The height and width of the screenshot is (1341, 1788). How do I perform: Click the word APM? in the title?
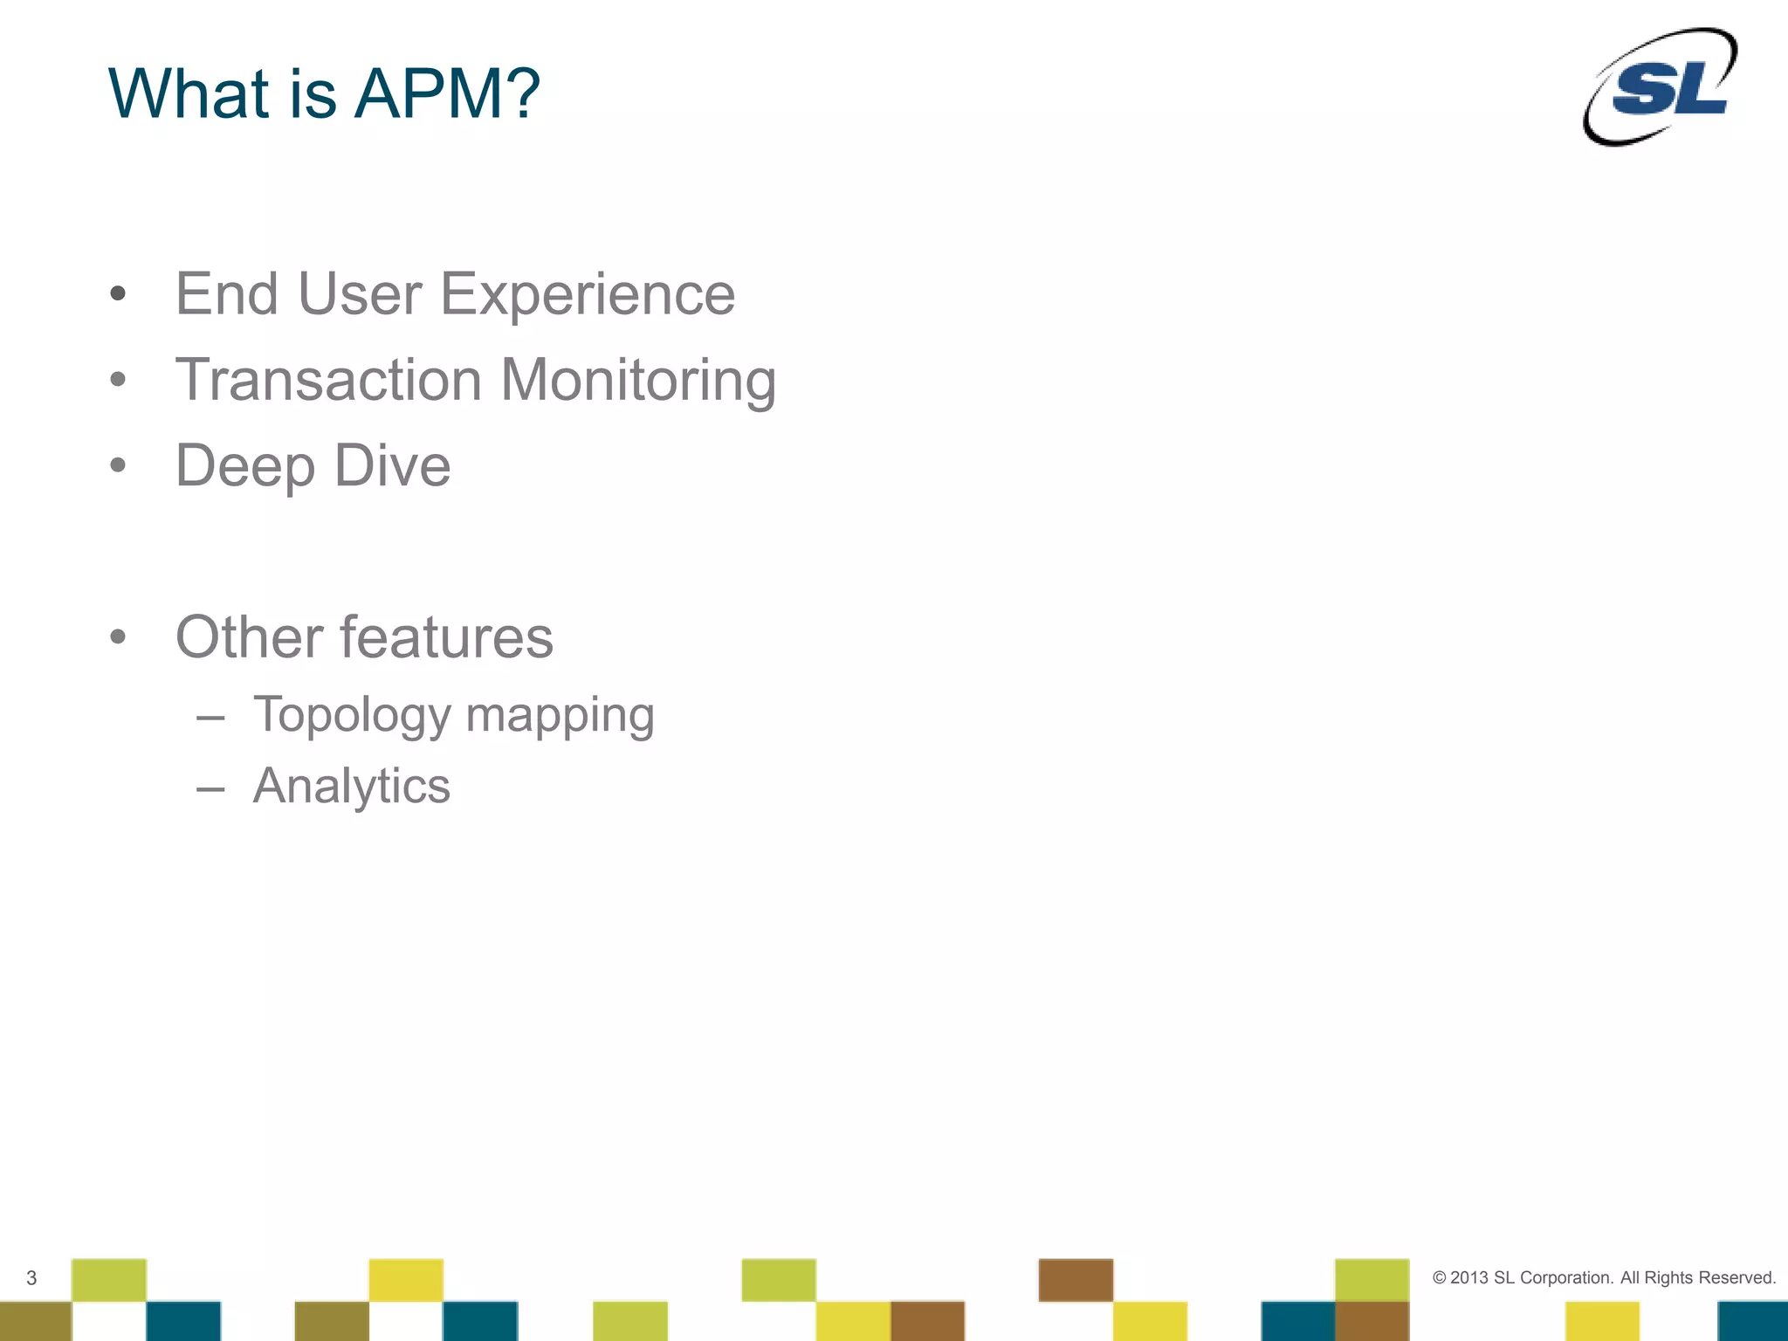tap(448, 93)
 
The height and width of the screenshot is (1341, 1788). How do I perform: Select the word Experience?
tap(588, 295)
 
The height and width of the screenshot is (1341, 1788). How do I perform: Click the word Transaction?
tap(328, 381)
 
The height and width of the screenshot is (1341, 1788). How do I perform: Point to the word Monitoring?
tap(638, 381)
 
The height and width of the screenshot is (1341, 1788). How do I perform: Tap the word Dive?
tap(392, 465)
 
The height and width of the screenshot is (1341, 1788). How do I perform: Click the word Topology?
tap(352, 716)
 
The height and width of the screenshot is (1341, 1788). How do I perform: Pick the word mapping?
tap(560, 716)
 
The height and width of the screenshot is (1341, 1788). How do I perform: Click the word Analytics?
tap(351, 786)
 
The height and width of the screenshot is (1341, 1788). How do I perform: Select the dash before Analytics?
tap(210, 789)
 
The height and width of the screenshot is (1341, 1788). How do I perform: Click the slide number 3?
tap(31, 1278)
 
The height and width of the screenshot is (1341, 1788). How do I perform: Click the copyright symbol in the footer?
tap(1439, 1278)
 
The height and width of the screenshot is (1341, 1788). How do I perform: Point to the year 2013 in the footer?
tap(1469, 1278)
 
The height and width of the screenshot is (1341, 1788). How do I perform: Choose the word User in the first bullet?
tap(360, 295)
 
